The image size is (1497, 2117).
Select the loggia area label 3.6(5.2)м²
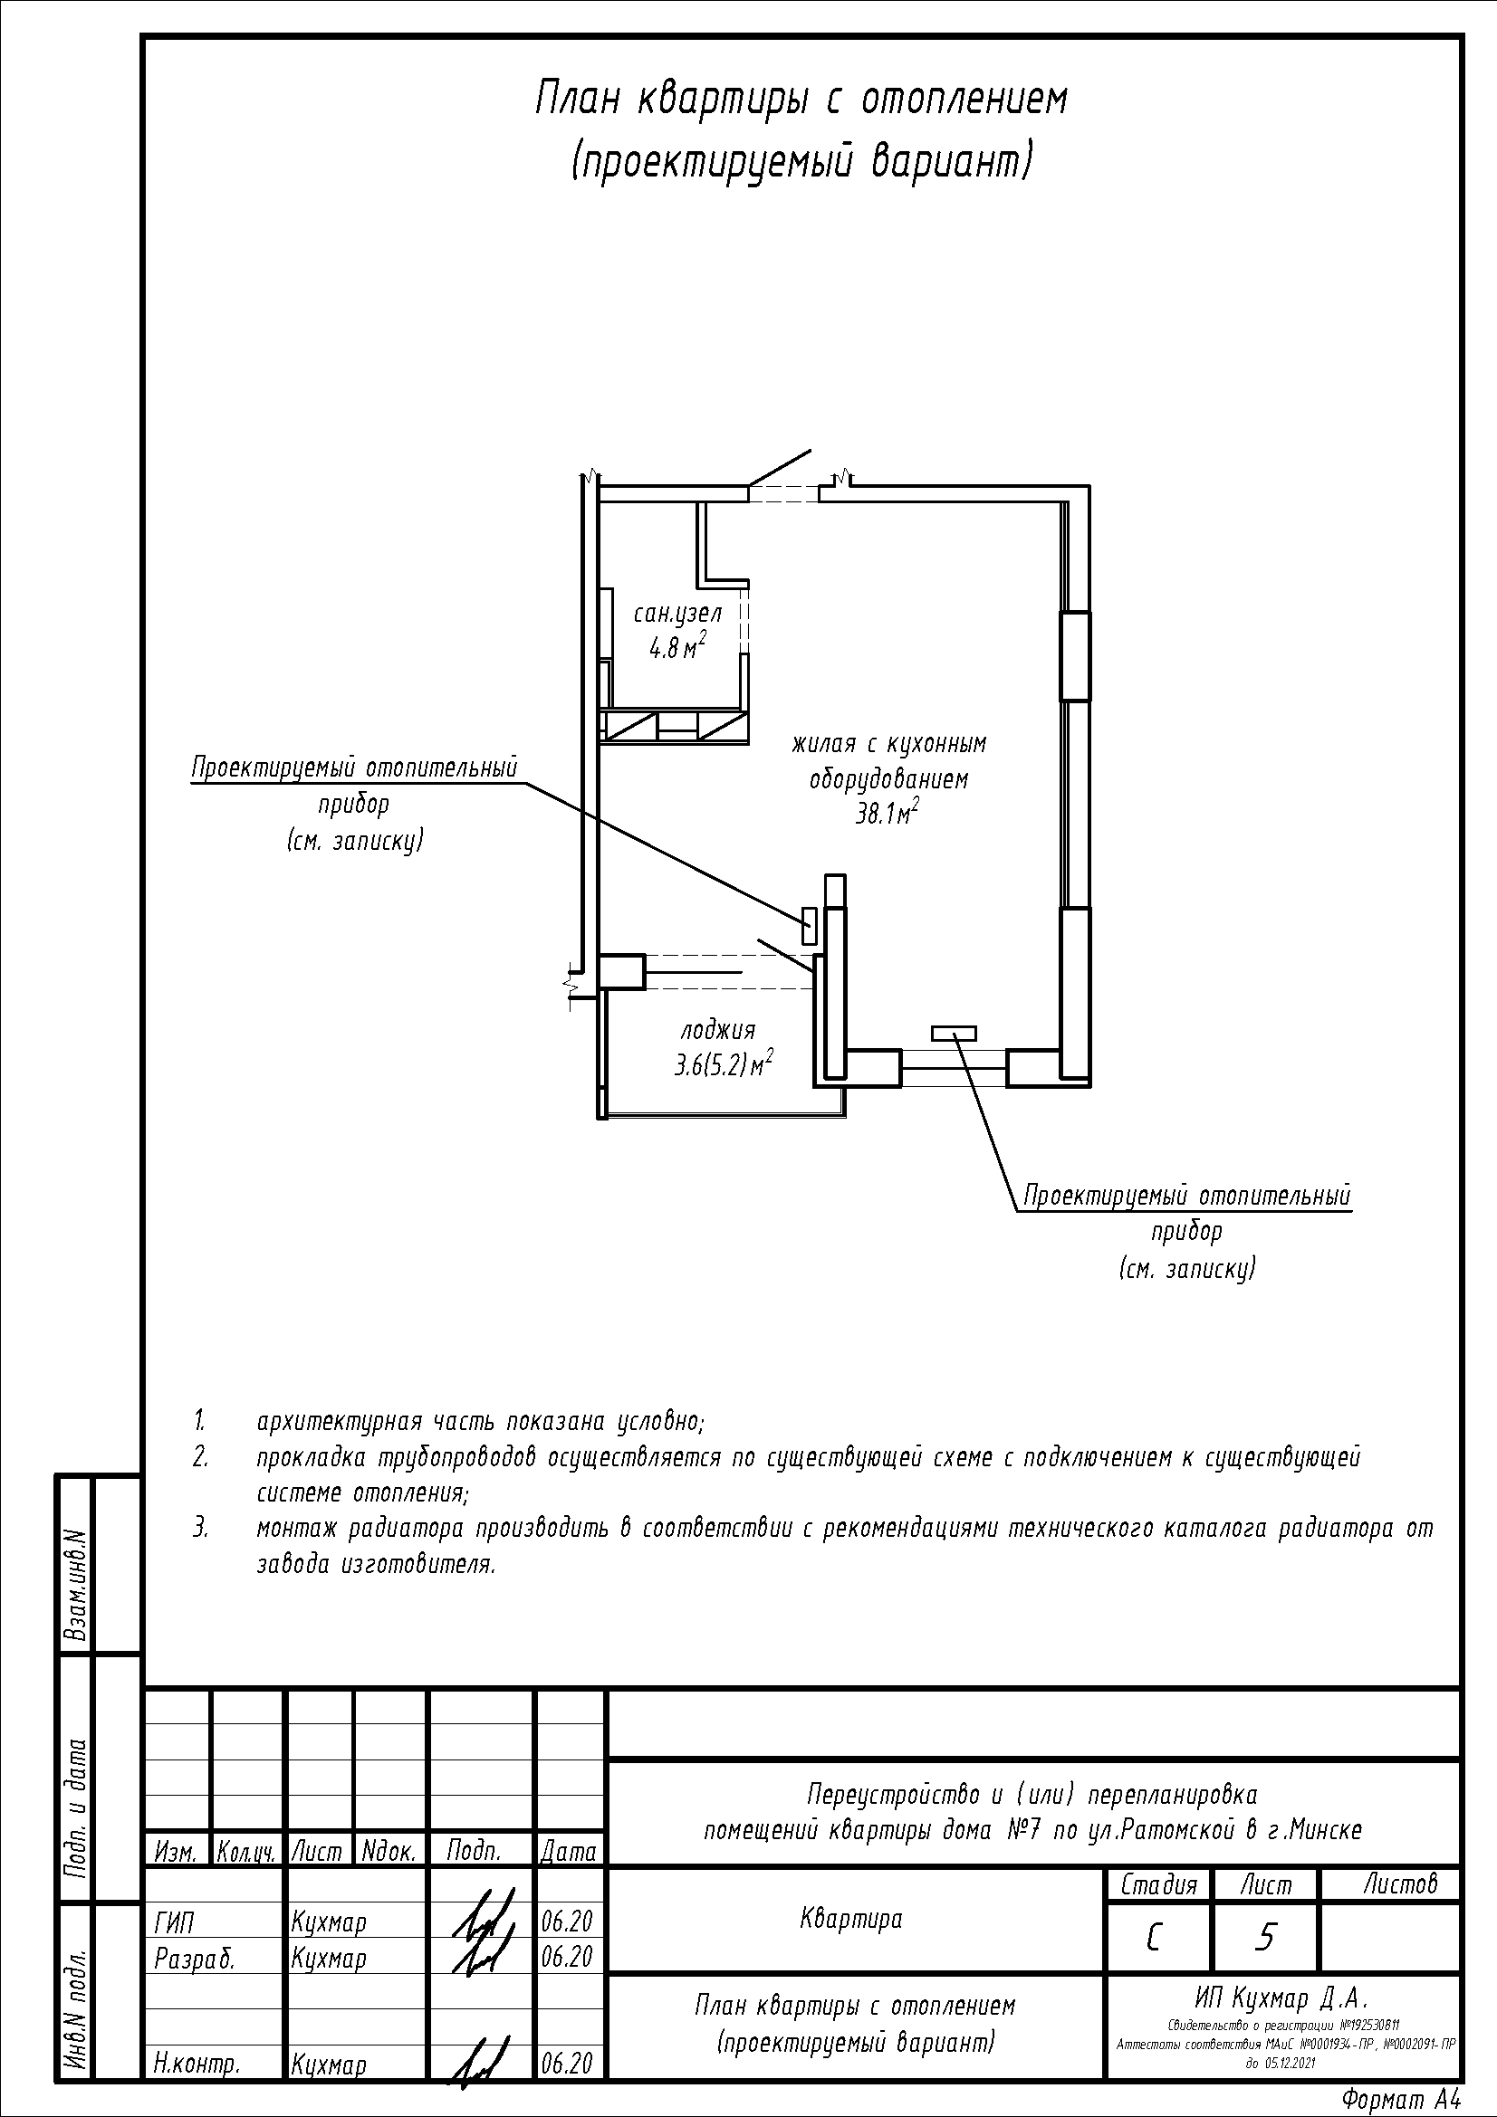(x=723, y=1065)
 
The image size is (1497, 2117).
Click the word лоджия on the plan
(x=718, y=1031)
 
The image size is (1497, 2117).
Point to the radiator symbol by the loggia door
(x=810, y=926)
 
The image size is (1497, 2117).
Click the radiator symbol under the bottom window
(x=954, y=1034)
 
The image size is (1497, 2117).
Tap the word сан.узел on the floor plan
(x=678, y=613)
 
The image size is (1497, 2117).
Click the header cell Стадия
(x=1159, y=1884)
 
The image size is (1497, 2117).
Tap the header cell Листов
(x=1400, y=1883)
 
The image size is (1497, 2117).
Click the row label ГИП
(x=174, y=1922)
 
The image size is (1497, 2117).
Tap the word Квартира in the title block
(x=851, y=1920)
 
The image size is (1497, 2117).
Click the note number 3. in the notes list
(x=201, y=1528)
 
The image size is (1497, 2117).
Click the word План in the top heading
(x=579, y=99)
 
